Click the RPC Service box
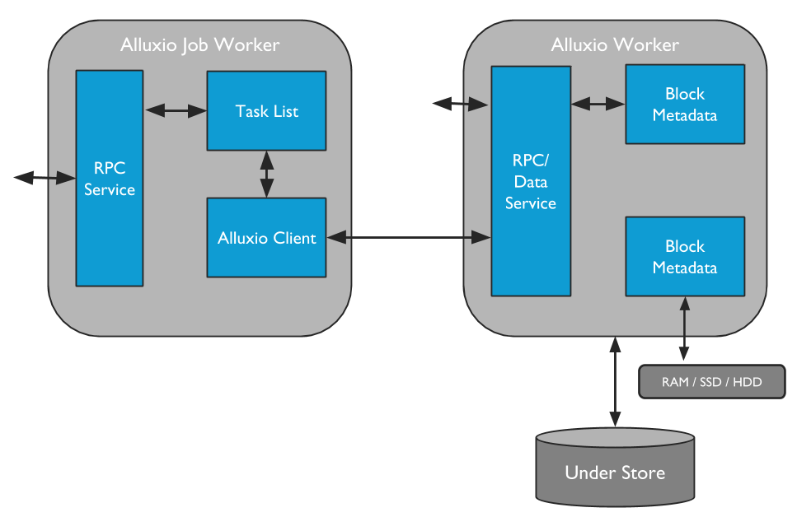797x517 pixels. [110, 178]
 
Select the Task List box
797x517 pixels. [266, 110]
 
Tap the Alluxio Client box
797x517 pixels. [266, 238]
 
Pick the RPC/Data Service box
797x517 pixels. [531, 181]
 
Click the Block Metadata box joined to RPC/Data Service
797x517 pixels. [685, 105]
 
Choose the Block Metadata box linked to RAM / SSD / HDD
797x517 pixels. [685, 256]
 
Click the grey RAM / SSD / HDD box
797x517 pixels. [712, 383]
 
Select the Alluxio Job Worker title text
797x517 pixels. [200, 44]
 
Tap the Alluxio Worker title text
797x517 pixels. [615, 44]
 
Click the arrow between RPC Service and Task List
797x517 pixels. [175, 109]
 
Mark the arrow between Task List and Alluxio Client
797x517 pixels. [266, 174]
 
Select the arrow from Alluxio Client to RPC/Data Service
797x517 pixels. [409, 238]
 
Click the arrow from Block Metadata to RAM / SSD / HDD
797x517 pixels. [683, 330]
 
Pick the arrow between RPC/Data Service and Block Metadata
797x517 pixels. [598, 104]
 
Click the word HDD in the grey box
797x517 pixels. [748, 383]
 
